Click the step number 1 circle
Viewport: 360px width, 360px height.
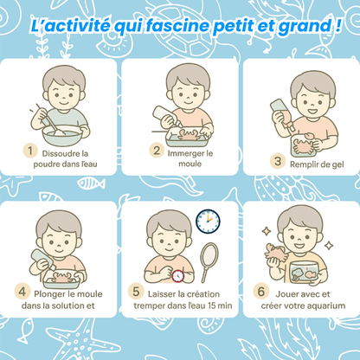pyautogui.click(x=30, y=151)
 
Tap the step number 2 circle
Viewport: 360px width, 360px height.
pyautogui.click(x=157, y=150)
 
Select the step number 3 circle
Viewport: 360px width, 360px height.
pyautogui.click(x=278, y=161)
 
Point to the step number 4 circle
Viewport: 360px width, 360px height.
pyautogui.click(x=22, y=292)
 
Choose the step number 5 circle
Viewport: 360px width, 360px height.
pyautogui.click(x=136, y=292)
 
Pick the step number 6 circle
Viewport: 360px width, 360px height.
pyautogui.click(x=261, y=292)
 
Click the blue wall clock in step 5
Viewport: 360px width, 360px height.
pyautogui.click(x=208, y=222)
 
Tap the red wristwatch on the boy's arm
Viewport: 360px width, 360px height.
pyautogui.click(x=178, y=276)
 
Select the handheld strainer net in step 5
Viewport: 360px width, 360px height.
pyautogui.click(x=209, y=262)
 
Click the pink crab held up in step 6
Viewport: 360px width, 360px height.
pyautogui.click(x=274, y=252)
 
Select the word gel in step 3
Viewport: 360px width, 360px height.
pyautogui.click(x=337, y=164)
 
